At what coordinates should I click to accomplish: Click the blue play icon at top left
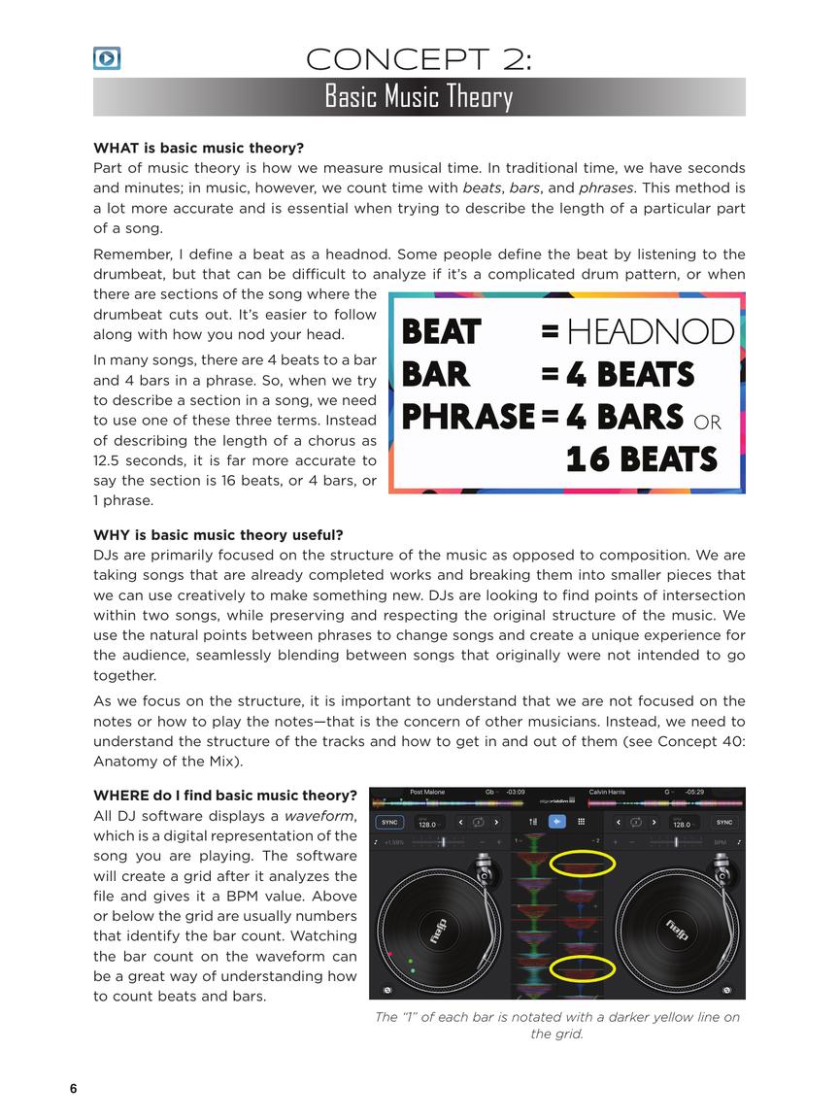coord(107,58)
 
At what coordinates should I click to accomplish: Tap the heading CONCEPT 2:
coord(419,59)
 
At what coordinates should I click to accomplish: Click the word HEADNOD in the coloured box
coord(650,332)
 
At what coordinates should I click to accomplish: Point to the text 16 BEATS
coord(642,458)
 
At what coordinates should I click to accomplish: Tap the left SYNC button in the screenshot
coord(389,822)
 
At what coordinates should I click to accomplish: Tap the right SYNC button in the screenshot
coord(724,822)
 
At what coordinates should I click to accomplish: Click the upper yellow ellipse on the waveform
coord(583,863)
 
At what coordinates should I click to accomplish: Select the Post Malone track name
coord(427,792)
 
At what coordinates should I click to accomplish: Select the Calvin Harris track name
coord(607,792)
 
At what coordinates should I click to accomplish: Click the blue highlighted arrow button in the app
coord(557,822)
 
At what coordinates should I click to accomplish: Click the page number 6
coord(73,1088)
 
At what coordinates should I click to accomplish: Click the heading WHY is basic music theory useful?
coord(218,535)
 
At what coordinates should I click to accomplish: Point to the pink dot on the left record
coord(390,955)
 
